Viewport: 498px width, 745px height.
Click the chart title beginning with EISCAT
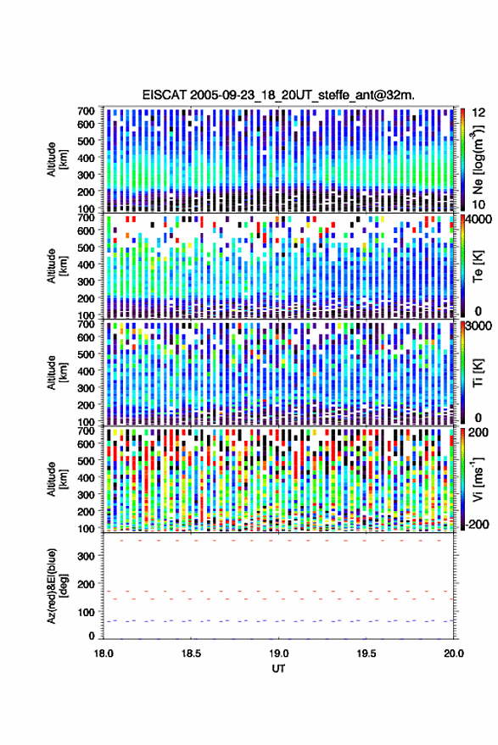tap(278, 95)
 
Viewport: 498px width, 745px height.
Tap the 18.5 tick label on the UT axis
tap(191, 653)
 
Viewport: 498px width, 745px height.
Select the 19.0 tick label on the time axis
tap(279, 653)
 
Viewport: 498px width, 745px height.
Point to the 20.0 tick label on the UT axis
tap(454, 653)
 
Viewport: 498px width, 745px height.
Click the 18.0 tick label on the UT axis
tap(104, 653)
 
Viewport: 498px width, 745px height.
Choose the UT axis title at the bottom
tap(278, 669)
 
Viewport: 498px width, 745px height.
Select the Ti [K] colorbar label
tap(478, 373)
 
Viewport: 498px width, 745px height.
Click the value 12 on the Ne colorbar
tap(479, 113)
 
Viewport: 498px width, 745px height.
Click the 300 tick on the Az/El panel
tap(87, 556)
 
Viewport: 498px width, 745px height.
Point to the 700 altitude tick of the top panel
tap(86, 111)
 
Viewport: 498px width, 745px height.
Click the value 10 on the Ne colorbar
tap(479, 205)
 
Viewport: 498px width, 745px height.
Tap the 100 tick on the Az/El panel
tap(87, 613)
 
